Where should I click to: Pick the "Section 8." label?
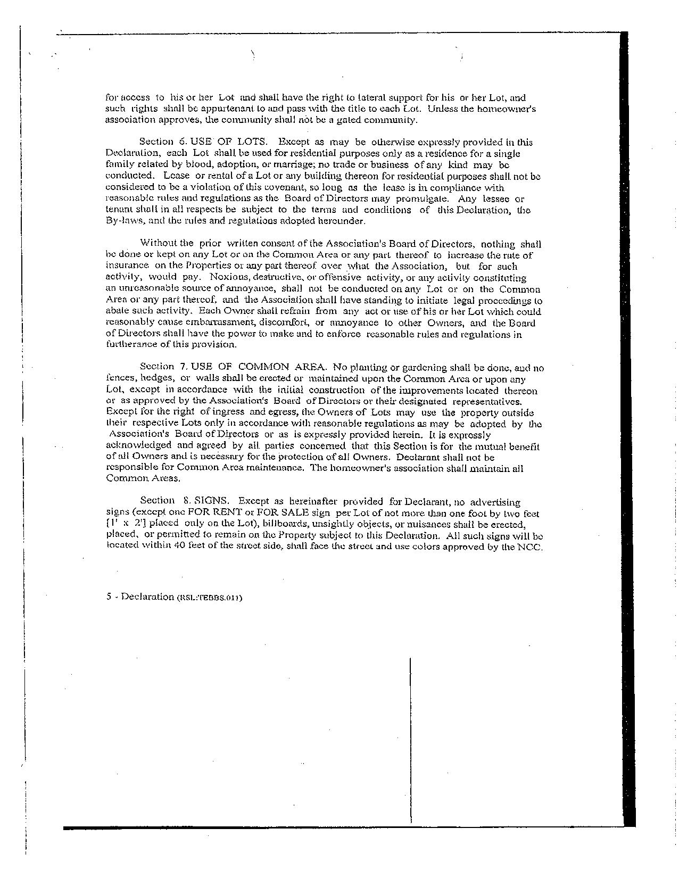click(x=158, y=501)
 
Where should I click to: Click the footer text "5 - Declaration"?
click(x=140, y=597)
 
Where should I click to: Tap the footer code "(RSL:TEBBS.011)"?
click(x=209, y=597)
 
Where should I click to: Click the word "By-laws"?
click(x=123, y=221)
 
